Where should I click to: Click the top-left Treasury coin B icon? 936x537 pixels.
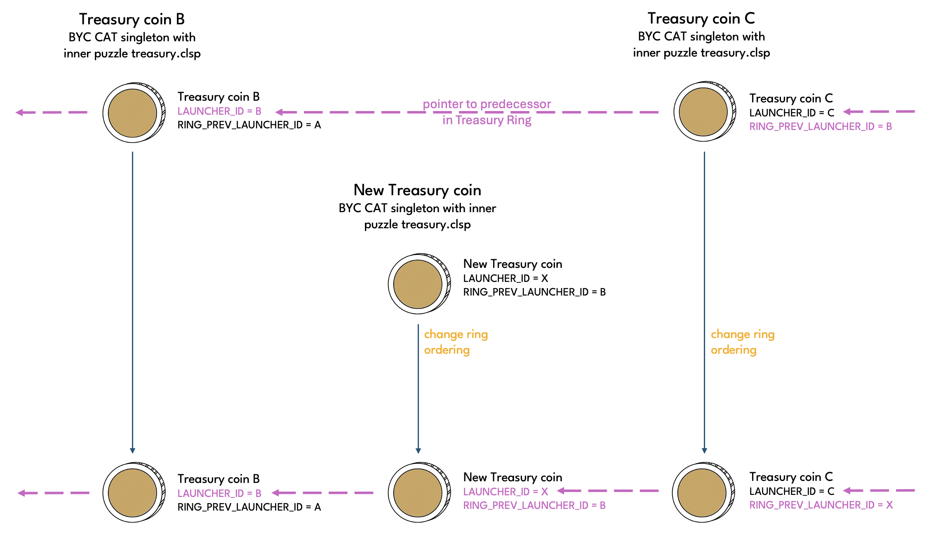133,113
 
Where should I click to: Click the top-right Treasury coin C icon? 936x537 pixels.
704,111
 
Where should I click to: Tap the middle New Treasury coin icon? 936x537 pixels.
418,284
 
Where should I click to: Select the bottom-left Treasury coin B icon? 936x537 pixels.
133,492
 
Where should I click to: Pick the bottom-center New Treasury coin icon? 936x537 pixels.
418,492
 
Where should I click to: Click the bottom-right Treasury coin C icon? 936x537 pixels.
702,492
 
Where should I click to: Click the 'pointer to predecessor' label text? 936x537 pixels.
487,104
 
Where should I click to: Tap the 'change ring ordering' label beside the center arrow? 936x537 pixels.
455,342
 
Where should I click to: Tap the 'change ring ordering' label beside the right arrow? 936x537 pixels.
742,342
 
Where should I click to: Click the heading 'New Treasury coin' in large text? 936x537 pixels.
417,190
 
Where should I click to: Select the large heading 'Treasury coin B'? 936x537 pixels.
132,19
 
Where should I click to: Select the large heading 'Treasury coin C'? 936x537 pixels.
701,19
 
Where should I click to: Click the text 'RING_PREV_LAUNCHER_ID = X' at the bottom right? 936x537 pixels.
821,505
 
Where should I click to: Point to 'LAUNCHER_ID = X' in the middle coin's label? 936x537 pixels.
506,279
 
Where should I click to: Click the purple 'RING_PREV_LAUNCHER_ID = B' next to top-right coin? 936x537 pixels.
820,127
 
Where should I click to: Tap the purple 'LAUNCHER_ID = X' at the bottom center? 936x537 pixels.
506,492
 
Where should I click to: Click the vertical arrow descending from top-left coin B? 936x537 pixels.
132,301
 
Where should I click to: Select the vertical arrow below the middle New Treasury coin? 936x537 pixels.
418,388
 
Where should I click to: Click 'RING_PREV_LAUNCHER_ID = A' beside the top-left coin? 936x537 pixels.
249,125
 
